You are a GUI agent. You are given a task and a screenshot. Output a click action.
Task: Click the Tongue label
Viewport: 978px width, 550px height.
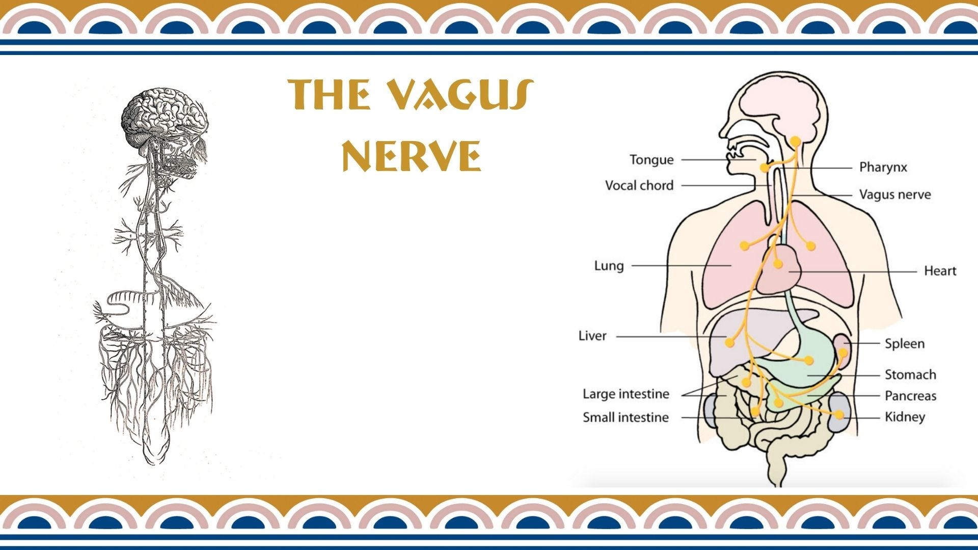click(x=651, y=160)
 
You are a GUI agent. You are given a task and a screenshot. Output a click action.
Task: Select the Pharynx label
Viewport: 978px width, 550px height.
click(x=883, y=167)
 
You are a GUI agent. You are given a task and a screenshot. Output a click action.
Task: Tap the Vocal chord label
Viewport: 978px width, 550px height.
click(x=639, y=185)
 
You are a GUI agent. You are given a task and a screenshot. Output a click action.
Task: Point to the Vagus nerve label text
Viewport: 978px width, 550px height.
click(x=895, y=195)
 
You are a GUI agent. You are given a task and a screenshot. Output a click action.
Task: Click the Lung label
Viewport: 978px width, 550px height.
click(x=609, y=266)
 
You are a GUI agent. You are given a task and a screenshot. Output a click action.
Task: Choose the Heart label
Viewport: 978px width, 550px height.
click(x=940, y=271)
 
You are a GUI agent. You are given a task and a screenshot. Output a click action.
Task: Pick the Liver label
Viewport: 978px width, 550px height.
click(x=592, y=336)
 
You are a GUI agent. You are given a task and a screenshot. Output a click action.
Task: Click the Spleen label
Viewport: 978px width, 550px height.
click(x=904, y=344)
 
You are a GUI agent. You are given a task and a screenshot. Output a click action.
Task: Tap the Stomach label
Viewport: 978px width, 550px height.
click(x=910, y=375)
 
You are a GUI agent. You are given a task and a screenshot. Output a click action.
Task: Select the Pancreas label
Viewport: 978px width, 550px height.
click(x=910, y=396)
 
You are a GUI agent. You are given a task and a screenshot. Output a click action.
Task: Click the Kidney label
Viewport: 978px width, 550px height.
click(x=905, y=417)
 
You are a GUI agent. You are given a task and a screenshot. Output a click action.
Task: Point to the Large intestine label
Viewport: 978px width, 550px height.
click(x=626, y=394)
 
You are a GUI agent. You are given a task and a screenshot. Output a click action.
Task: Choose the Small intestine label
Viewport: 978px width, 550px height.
click(x=626, y=418)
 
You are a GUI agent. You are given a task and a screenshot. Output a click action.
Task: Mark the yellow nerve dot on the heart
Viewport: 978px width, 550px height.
click(x=777, y=263)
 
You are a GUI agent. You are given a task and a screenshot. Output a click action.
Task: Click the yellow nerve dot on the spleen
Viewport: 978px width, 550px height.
click(x=843, y=352)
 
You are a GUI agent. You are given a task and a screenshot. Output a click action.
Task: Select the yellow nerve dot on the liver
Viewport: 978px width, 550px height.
click(x=729, y=342)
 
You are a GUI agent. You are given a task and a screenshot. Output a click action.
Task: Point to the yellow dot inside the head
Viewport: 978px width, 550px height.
click(x=795, y=141)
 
